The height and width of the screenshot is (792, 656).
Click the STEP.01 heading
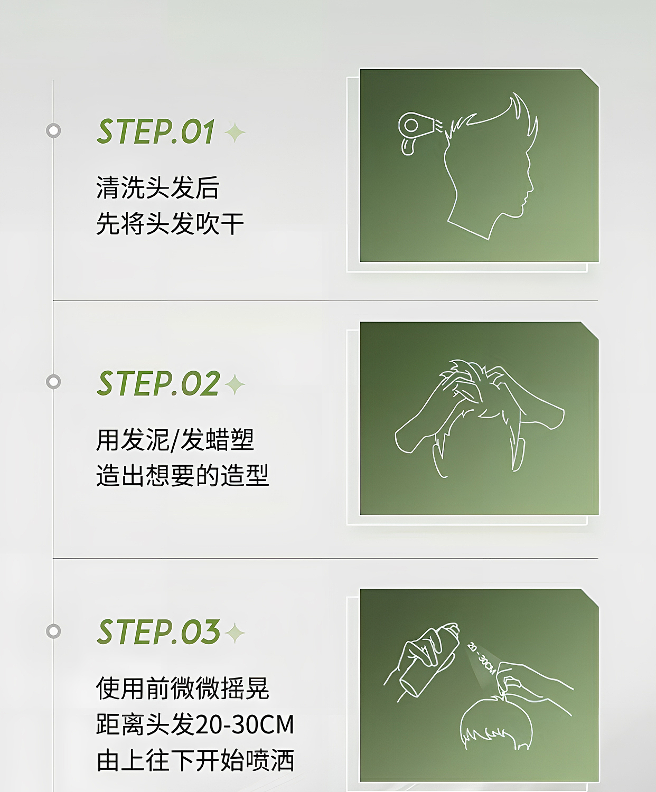[x=156, y=131]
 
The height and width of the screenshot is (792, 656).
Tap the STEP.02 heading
[x=158, y=383]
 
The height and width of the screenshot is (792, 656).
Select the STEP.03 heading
[x=158, y=632]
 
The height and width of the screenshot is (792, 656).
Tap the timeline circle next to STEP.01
[x=53, y=130]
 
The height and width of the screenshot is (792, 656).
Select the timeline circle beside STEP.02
[x=53, y=381]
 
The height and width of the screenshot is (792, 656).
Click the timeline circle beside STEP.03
[x=53, y=631]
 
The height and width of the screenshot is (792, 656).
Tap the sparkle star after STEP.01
[x=235, y=133]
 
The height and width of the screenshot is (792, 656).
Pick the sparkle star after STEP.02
[x=235, y=384]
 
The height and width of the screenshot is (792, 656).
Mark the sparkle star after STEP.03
[x=235, y=633]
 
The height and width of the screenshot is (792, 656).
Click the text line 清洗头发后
[x=157, y=188]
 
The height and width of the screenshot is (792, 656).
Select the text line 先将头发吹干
[x=170, y=224]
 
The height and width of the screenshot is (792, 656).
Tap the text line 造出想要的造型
[x=182, y=475]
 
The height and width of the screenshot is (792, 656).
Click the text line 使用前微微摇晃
[x=182, y=689]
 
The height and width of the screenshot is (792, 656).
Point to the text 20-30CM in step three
[x=245, y=724]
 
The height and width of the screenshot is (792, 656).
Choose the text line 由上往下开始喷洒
[x=195, y=760]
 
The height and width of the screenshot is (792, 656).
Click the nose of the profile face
[x=531, y=188]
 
